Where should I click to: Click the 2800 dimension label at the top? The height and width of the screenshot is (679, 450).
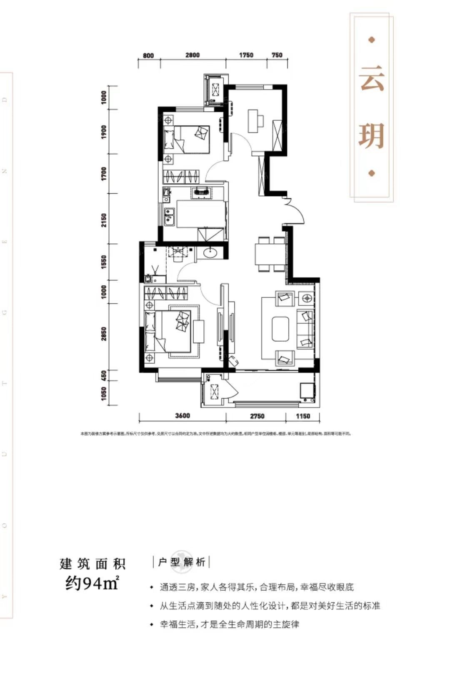192,55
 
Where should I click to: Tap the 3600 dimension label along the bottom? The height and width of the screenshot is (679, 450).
182,416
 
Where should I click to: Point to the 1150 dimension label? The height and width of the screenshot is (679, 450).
303,416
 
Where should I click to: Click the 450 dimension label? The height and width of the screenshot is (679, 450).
104,375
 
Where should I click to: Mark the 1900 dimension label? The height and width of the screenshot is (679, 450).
104,132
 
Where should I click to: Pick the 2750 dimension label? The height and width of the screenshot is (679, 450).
257,416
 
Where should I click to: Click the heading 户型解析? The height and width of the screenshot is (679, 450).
181,562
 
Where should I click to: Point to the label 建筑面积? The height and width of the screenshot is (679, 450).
92,564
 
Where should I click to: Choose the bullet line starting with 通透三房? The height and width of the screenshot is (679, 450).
256,587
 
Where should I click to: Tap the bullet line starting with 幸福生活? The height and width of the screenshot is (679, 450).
229,624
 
